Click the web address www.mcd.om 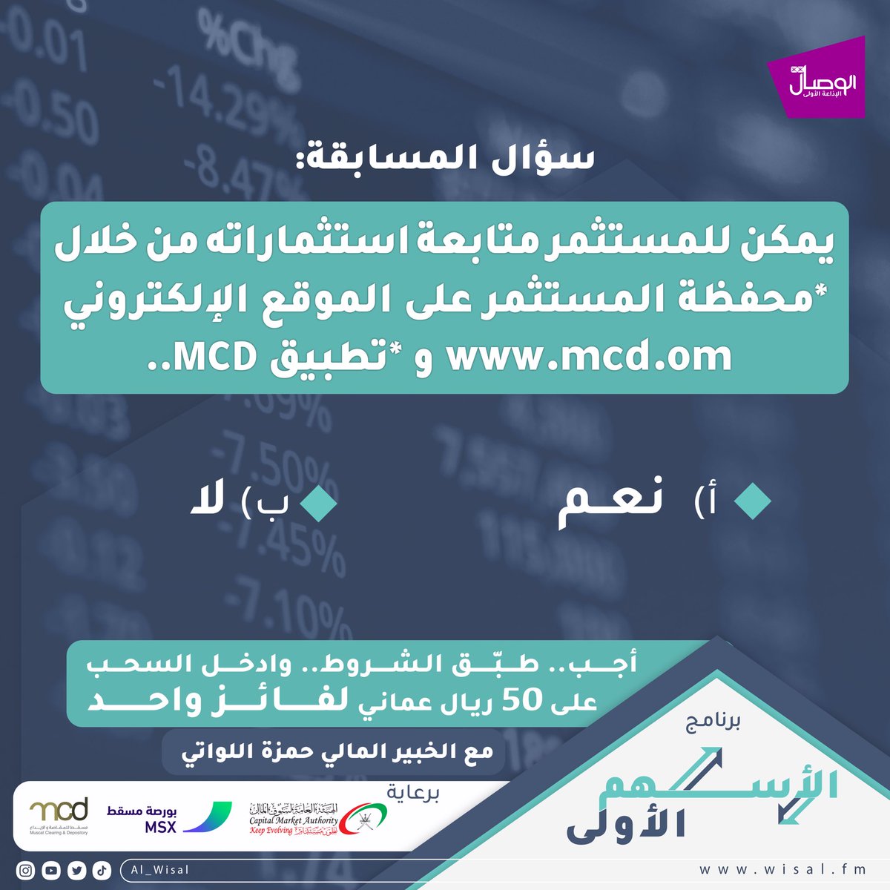(590, 357)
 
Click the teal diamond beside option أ (753, 502)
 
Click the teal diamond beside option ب (319, 502)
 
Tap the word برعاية (414, 793)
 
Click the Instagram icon (26, 871)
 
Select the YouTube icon (51, 871)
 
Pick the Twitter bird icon (76, 871)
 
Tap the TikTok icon (102, 871)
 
